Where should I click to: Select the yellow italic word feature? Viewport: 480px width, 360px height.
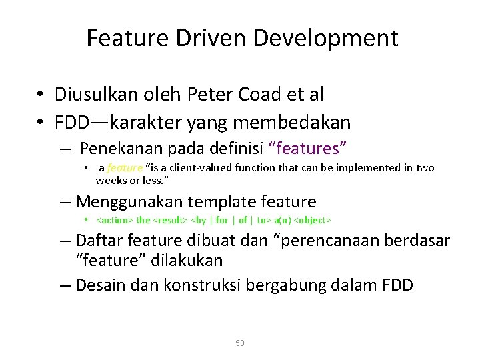tap(125, 168)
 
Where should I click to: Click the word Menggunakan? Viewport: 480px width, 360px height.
tap(130, 201)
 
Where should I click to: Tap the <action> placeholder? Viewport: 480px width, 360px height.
tap(115, 219)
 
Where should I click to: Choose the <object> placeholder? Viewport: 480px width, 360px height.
tap(313, 219)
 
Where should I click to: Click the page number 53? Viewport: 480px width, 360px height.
tap(240, 343)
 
